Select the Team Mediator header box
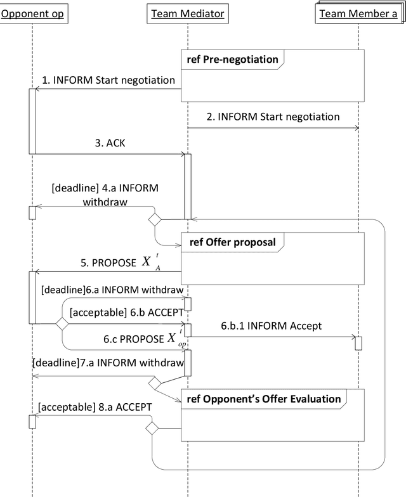(187, 13)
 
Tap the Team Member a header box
(358, 13)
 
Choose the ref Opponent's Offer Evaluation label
(263, 399)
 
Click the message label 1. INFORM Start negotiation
(108, 80)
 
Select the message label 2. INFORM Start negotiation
(273, 117)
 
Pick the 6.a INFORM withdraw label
(112, 290)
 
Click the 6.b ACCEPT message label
(126, 313)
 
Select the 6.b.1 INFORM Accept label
(271, 326)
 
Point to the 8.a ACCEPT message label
(93, 406)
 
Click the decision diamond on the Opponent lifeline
(62, 323)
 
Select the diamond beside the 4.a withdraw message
(154, 219)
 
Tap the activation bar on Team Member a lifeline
(358, 343)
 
